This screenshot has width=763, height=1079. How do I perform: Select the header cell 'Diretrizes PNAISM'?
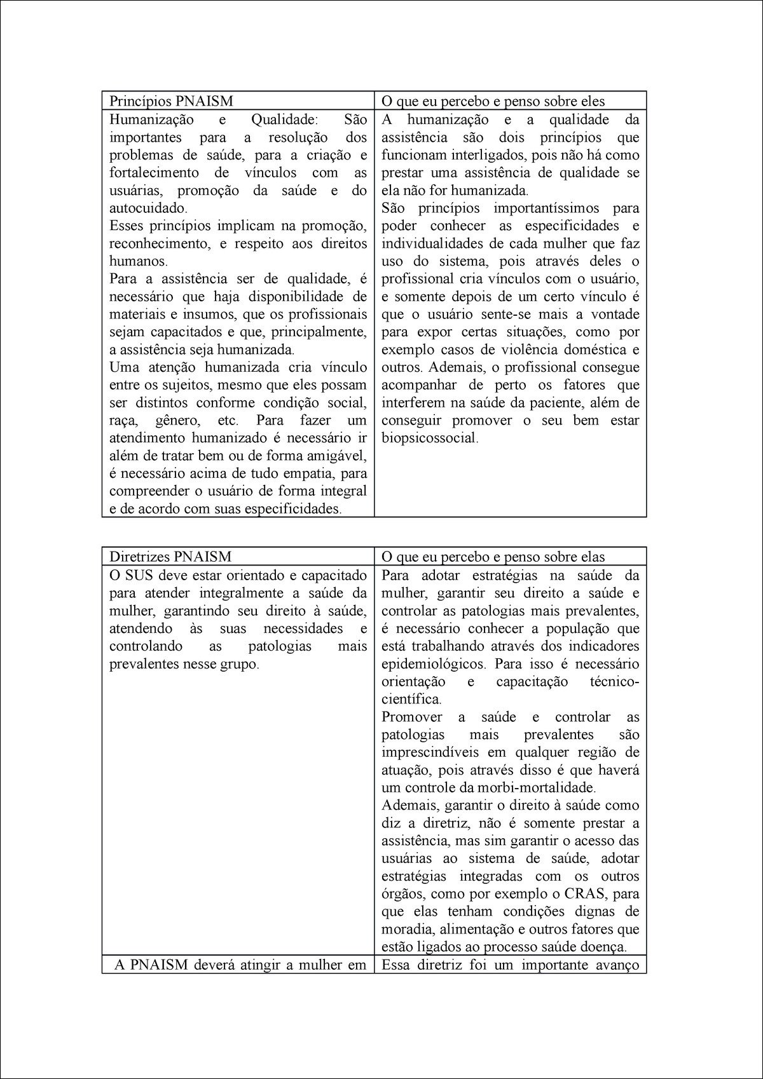(170, 557)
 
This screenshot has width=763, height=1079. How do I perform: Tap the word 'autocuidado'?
(148, 208)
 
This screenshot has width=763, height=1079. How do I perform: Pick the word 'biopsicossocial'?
(429, 438)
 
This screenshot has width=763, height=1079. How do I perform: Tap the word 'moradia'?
(404, 929)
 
